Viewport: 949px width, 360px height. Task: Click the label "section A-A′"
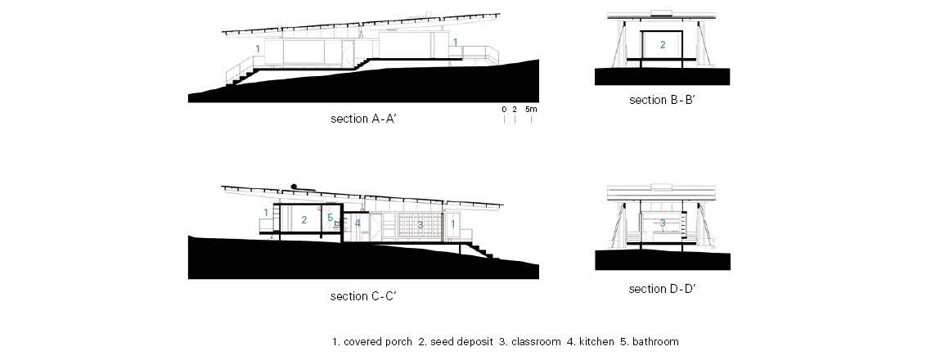[x=363, y=119]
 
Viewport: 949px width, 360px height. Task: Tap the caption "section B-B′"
[x=662, y=101]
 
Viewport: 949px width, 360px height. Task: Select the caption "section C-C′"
[x=363, y=296]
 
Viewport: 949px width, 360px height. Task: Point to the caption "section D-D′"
[x=662, y=290]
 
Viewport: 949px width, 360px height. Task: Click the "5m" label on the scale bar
[x=531, y=110]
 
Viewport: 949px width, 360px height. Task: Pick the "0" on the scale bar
[x=505, y=110]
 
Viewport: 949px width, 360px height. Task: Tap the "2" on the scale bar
[x=515, y=110]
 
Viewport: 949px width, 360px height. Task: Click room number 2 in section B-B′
[x=663, y=45]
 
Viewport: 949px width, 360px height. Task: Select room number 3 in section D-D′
[x=663, y=223]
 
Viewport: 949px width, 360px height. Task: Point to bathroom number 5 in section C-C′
[x=330, y=218]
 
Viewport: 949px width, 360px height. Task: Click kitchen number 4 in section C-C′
[x=358, y=223]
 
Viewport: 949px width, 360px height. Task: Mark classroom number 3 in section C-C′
[x=420, y=223]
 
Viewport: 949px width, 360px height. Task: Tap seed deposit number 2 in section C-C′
[x=304, y=220]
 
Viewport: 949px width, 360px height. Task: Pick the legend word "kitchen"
[x=594, y=341]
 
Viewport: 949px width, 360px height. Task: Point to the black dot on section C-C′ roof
[x=292, y=185]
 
